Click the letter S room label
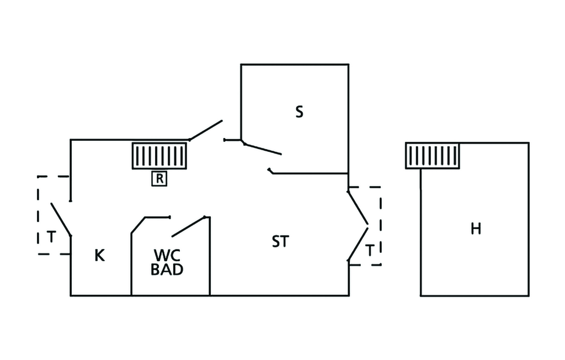click(x=299, y=112)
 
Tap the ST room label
click(x=280, y=241)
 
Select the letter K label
click(x=100, y=256)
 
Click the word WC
click(x=167, y=255)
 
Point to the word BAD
click(x=167, y=270)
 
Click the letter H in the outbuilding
click(x=476, y=229)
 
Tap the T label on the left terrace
click(x=51, y=237)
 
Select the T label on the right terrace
click(x=370, y=251)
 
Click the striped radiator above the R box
click(x=159, y=156)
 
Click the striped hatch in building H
click(x=433, y=156)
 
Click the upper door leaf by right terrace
click(x=358, y=208)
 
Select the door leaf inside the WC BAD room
click(x=188, y=226)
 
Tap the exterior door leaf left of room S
click(x=205, y=130)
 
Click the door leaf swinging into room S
click(x=262, y=149)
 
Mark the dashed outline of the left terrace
click(x=38, y=215)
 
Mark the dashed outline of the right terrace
click(x=381, y=226)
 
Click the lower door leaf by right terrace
click(x=358, y=243)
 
